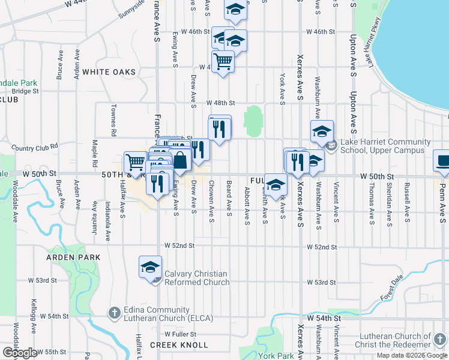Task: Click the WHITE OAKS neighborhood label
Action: pos(109,72)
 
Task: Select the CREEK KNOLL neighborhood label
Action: pos(179,345)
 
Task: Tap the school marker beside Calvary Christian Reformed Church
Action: pos(150,267)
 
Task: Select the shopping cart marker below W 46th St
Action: pos(223,61)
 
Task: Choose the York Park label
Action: pos(276,356)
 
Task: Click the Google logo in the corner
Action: pos(20,353)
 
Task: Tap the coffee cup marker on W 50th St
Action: pos(443,161)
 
